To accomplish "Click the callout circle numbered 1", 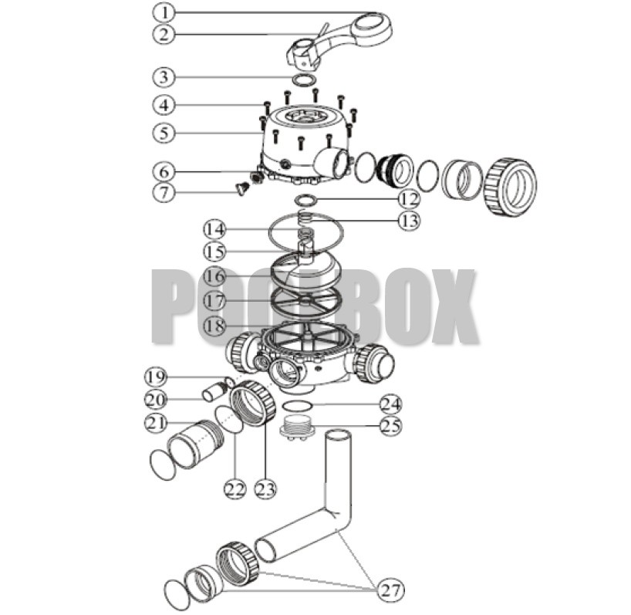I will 164,12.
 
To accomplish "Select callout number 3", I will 164,77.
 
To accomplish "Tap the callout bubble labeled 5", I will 164,132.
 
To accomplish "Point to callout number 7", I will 164,191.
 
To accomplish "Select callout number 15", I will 215,252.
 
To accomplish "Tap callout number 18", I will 215,326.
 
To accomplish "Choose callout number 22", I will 235,488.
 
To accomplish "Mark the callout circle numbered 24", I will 390,403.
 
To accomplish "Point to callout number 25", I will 390,425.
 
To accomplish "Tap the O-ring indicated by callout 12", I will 306,201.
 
